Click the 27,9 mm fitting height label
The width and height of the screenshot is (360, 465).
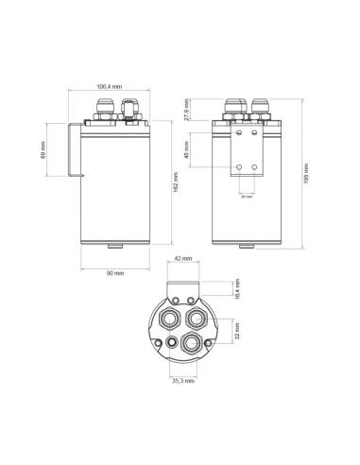click(x=187, y=110)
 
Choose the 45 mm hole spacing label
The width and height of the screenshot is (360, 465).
click(x=187, y=150)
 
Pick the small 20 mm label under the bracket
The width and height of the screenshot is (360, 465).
click(x=246, y=197)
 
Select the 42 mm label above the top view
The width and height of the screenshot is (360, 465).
click(x=183, y=257)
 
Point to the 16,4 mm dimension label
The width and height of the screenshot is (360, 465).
click(x=237, y=288)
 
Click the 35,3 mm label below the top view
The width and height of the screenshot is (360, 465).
click(x=182, y=382)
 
